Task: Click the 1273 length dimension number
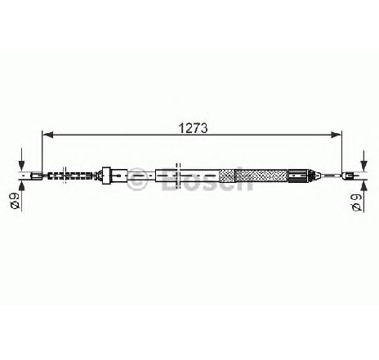coord(193,127)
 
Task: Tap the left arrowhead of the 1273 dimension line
coord(48,135)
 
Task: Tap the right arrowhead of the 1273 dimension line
coord(336,135)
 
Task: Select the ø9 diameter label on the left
coord(15,202)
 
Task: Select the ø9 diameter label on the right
coord(357,202)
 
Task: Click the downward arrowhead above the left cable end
coord(21,166)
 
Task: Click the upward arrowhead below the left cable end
coord(21,185)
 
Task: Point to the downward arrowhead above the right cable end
coord(363,166)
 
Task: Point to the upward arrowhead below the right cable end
coord(363,185)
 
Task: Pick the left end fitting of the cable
coord(37,176)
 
